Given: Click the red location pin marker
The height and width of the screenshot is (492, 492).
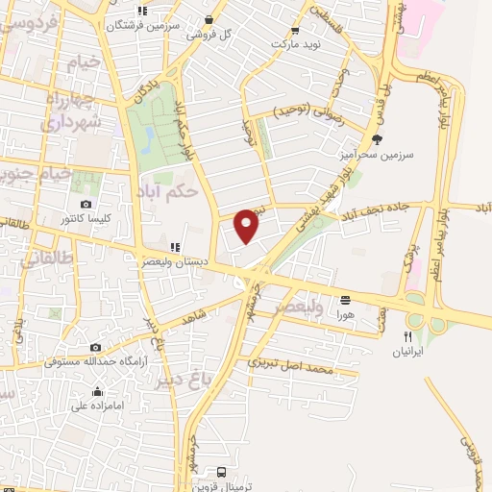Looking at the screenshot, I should (247, 225).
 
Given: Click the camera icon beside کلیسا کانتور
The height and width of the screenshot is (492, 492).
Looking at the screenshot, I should (86, 205).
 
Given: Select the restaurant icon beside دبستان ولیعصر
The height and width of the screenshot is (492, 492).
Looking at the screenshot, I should (175, 247).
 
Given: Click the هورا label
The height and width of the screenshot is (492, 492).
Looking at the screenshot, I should (345, 313).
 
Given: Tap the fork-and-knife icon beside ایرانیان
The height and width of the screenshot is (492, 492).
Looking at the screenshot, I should (408, 336).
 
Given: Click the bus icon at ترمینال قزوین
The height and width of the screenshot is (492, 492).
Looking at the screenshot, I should (222, 472).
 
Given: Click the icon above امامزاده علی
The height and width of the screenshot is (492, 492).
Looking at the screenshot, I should (97, 391).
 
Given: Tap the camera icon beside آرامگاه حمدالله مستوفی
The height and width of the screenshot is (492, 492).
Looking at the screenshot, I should (94, 347).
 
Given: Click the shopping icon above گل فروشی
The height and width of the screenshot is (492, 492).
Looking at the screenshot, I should (209, 19).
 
